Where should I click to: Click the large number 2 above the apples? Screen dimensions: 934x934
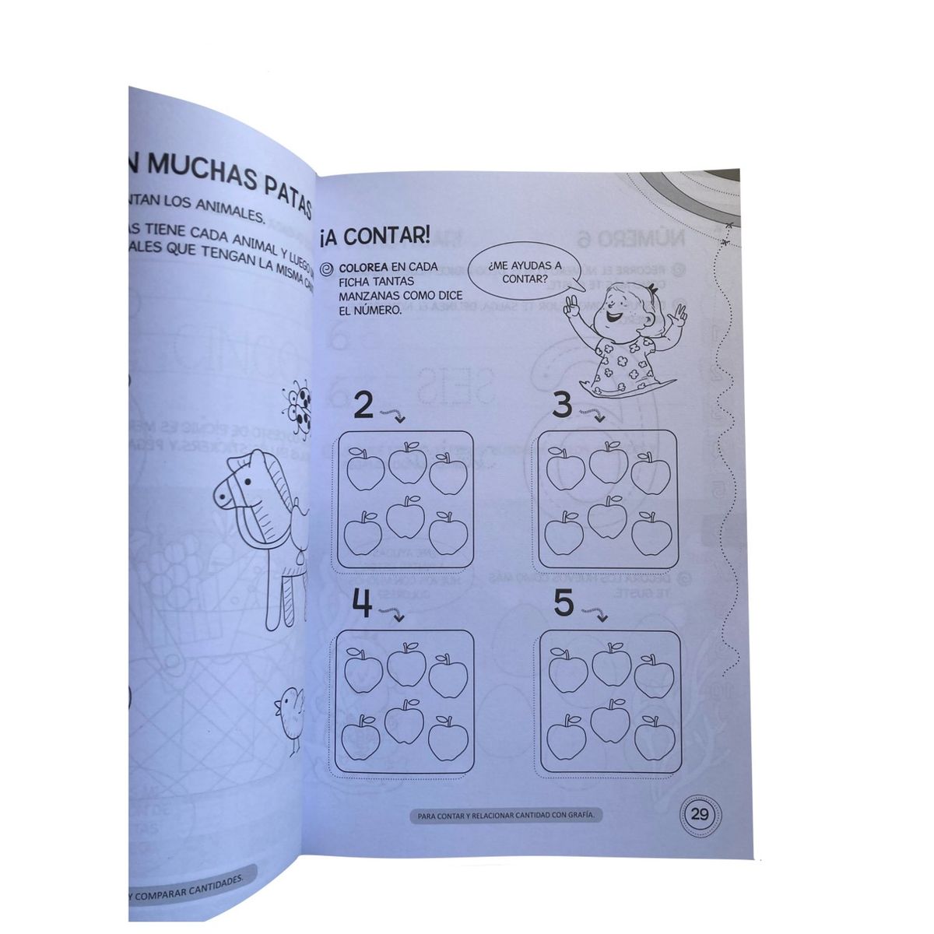point(365,406)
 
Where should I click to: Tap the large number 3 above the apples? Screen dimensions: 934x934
point(564,406)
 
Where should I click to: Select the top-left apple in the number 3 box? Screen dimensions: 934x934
point(566,469)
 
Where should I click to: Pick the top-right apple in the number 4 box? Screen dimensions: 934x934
point(446,675)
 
